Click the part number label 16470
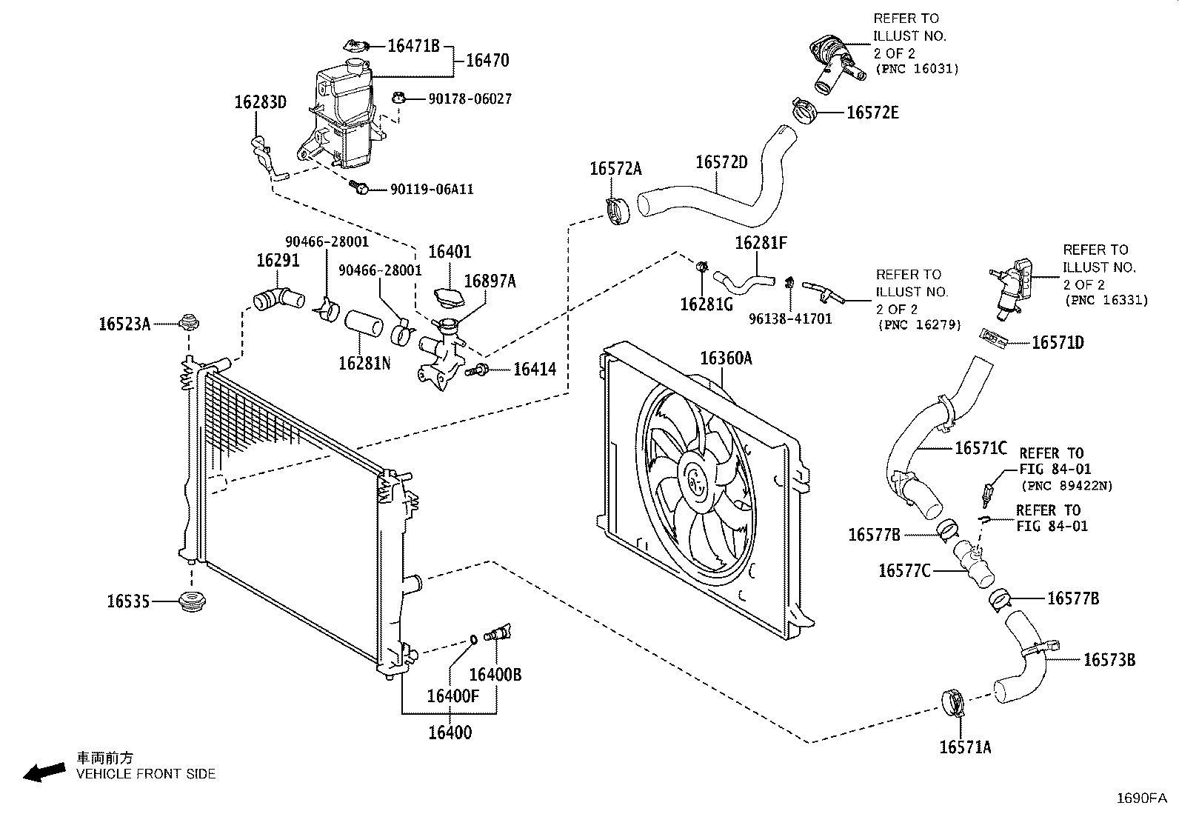pyautogui.click(x=487, y=61)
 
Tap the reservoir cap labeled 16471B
pyautogui.click(x=356, y=46)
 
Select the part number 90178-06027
pyautogui.click(x=470, y=99)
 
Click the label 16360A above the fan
pyautogui.click(x=726, y=358)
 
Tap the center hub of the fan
pyautogui.click(x=698, y=481)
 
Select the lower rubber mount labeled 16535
pyautogui.click(x=192, y=601)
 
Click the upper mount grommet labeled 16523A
pyautogui.click(x=189, y=321)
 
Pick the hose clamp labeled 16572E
pyautogui.click(x=804, y=111)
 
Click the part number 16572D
pyautogui.click(x=721, y=162)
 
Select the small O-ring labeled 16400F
pyautogui.click(x=473, y=640)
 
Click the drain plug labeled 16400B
pyautogui.click(x=497, y=633)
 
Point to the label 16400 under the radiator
pyautogui.click(x=450, y=733)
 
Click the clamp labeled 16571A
pyautogui.click(x=953, y=702)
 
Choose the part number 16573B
pyautogui.click(x=1109, y=660)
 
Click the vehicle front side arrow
pyautogui.click(x=44, y=773)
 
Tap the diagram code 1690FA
pyautogui.click(x=1142, y=798)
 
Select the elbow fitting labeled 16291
pyautogui.click(x=278, y=299)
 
